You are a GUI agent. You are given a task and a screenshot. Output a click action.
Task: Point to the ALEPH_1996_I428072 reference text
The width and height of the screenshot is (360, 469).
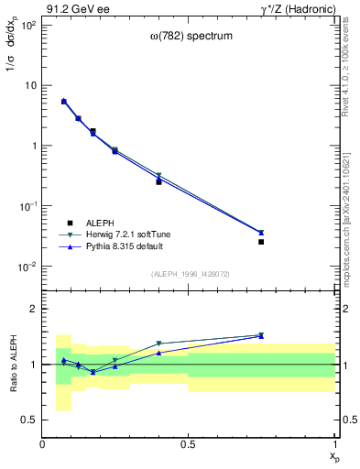[189, 274]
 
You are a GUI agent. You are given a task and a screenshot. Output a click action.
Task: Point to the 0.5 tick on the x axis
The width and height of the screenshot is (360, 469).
[188, 444]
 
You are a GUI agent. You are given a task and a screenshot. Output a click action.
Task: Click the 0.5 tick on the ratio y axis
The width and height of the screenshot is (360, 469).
[29, 420]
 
